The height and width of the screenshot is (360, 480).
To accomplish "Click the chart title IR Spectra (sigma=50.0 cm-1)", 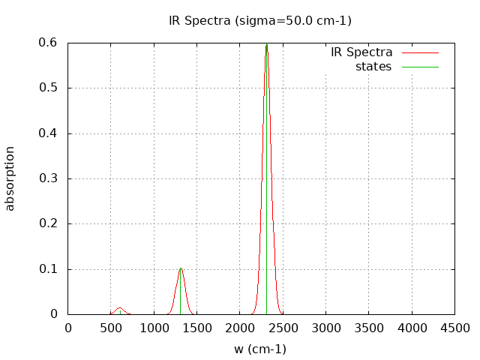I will point(259,21).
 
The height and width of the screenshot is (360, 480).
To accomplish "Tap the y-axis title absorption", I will point(10,178).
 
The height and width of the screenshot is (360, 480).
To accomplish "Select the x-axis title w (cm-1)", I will point(260,349).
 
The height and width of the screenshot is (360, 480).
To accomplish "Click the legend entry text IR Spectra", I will point(361,52).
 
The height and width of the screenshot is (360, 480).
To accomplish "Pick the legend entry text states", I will point(373,67).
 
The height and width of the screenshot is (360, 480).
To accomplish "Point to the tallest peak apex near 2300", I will point(266,44).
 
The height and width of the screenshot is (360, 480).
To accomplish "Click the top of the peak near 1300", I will point(181,268).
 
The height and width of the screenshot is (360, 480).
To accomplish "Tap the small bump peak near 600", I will point(120,307).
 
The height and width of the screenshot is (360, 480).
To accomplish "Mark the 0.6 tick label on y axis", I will point(49,43).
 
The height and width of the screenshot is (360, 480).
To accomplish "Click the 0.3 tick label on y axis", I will point(49,178).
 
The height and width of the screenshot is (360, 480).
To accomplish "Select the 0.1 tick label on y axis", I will point(49,269).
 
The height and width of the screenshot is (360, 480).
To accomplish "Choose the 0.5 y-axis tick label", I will point(49,88).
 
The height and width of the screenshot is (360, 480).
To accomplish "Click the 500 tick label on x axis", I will point(111,327).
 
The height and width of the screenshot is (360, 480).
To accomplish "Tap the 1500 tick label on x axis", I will point(197,327).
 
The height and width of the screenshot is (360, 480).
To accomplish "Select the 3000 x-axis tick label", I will point(326,327).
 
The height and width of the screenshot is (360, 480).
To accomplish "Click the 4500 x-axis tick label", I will point(454,327).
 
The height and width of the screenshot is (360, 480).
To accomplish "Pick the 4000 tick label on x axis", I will point(412,327).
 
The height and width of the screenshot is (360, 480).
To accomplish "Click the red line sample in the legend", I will point(420,52).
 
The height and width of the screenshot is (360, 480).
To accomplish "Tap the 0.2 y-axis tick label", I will point(49,223).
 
